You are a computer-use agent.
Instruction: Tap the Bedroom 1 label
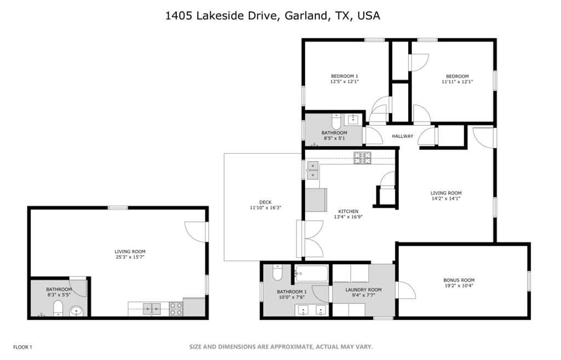(344, 76)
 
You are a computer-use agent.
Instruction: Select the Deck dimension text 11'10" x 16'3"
(266, 208)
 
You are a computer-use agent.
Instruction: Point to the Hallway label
(402, 136)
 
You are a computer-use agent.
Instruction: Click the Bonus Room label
(459, 280)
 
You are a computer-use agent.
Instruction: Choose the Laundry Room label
(363, 290)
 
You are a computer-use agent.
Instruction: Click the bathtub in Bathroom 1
(311, 274)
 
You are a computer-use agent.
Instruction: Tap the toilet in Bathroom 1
(277, 272)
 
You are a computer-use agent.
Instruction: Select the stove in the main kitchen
(362, 158)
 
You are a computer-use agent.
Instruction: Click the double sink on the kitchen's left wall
(312, 170)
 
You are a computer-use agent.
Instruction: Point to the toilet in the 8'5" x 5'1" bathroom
(336, 122)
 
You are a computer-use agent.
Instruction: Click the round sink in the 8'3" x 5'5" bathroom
(76, 311)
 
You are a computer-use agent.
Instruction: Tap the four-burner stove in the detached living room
(176, 309)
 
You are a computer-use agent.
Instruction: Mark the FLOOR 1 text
(22, 347)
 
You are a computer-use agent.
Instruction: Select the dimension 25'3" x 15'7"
(130, 257)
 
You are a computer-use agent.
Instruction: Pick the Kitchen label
(348, 212)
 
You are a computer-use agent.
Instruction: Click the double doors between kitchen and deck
(311, 239)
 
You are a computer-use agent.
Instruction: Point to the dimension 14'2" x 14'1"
(446, 198)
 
